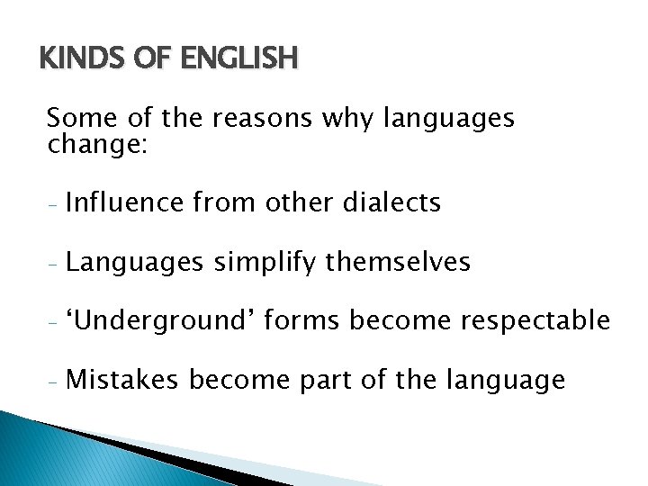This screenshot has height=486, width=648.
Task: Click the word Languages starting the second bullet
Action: pos(134,262)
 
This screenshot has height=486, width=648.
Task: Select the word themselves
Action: pos(398,262)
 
